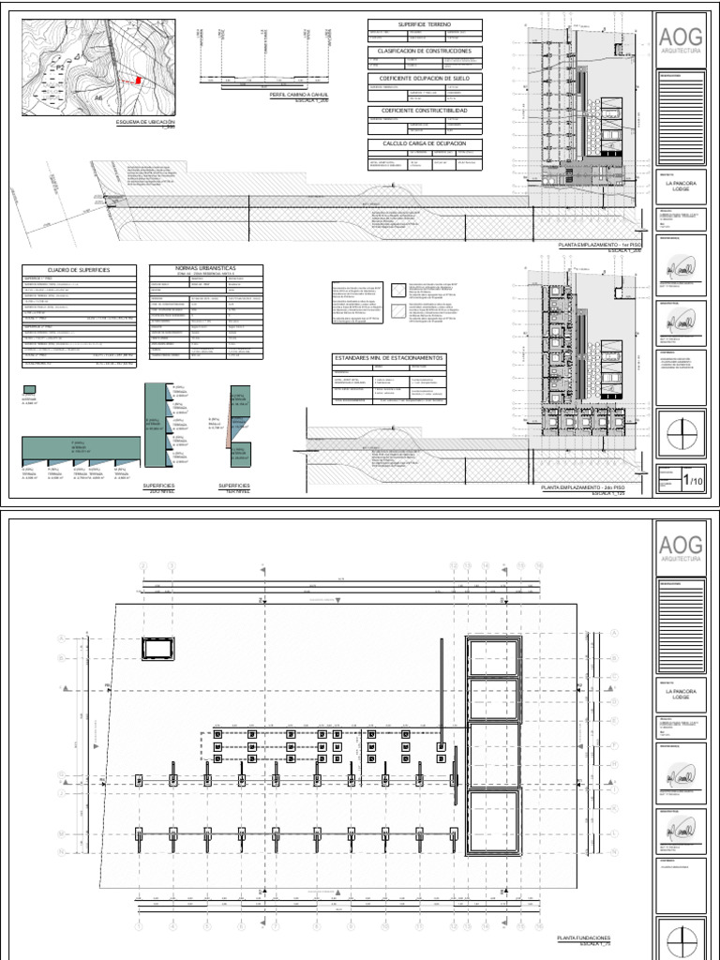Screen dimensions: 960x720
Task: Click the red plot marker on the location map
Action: [x=139, y=81]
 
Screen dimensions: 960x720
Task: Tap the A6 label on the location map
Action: [x=97, y=97]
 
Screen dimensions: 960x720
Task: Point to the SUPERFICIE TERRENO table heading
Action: [x=425, y=23]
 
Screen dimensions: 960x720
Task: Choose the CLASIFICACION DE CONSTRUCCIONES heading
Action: [x=425, y=51]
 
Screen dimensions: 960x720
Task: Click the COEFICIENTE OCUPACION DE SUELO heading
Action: [x=425, y=80]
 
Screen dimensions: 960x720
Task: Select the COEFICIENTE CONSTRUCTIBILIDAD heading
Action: [x=425, y=110]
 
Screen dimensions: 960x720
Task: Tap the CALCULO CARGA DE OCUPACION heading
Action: [x=425, y=143]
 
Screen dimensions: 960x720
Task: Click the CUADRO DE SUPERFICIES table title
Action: [x=81, y=270]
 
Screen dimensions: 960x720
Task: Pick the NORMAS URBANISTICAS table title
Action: [x=205, y=268]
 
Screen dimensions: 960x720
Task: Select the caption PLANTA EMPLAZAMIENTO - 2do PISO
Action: [x=591, y=488]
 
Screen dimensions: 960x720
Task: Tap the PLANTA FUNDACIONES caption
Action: [x=584, y=937]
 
